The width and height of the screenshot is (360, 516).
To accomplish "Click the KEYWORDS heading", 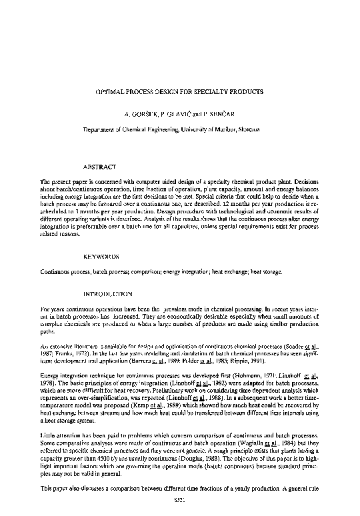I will (101, 256).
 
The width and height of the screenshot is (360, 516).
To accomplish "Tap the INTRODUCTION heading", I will (108, 293).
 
